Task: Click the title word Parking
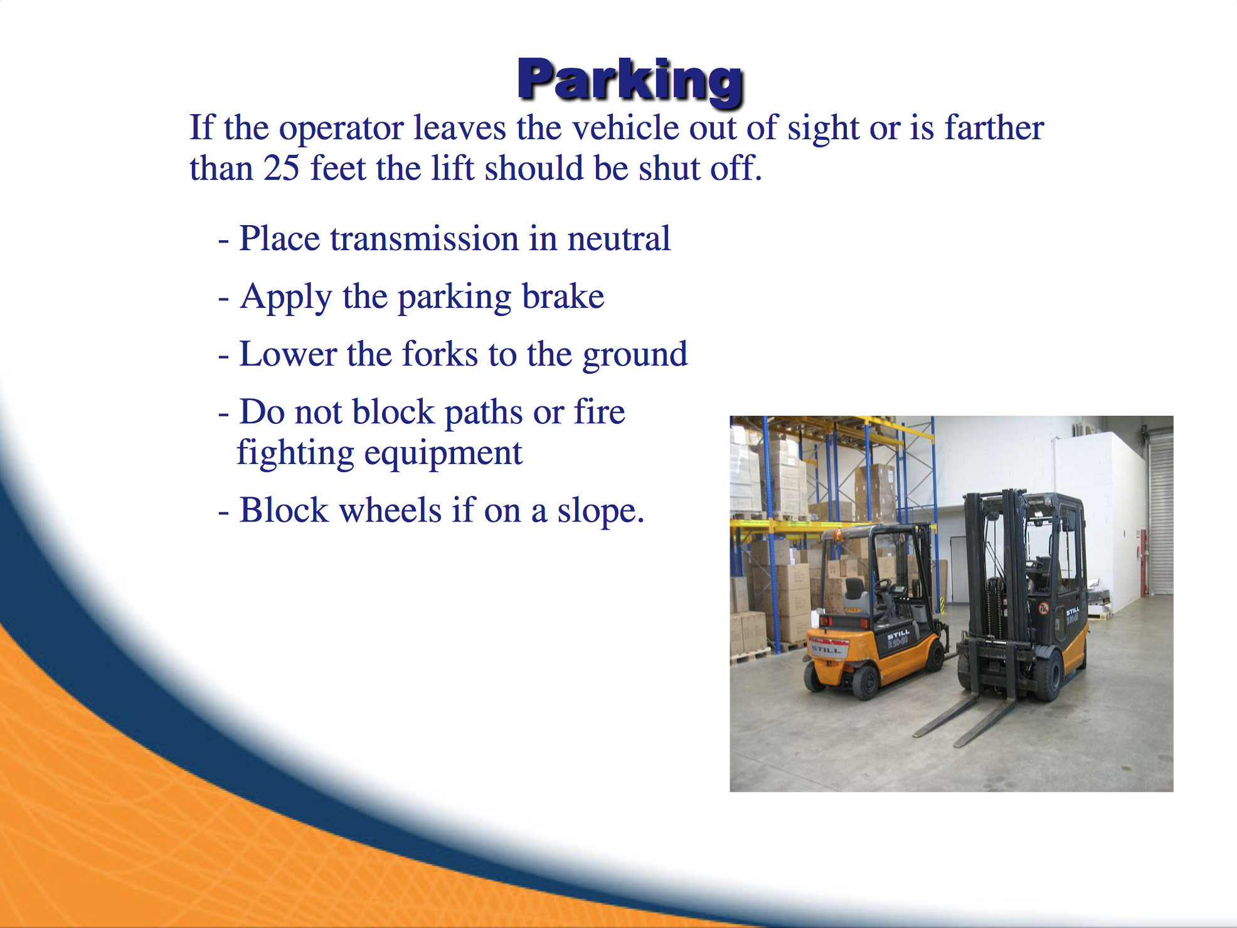[x=630, y=80]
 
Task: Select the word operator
[x=341, y=129]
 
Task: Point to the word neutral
[x=618, y=238]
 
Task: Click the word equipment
[x=442, y=454]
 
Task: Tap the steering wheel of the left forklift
[x=883, y=586]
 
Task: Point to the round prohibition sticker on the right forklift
[x=1044, y=608]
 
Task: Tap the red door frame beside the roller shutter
[x=1144, y=562]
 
